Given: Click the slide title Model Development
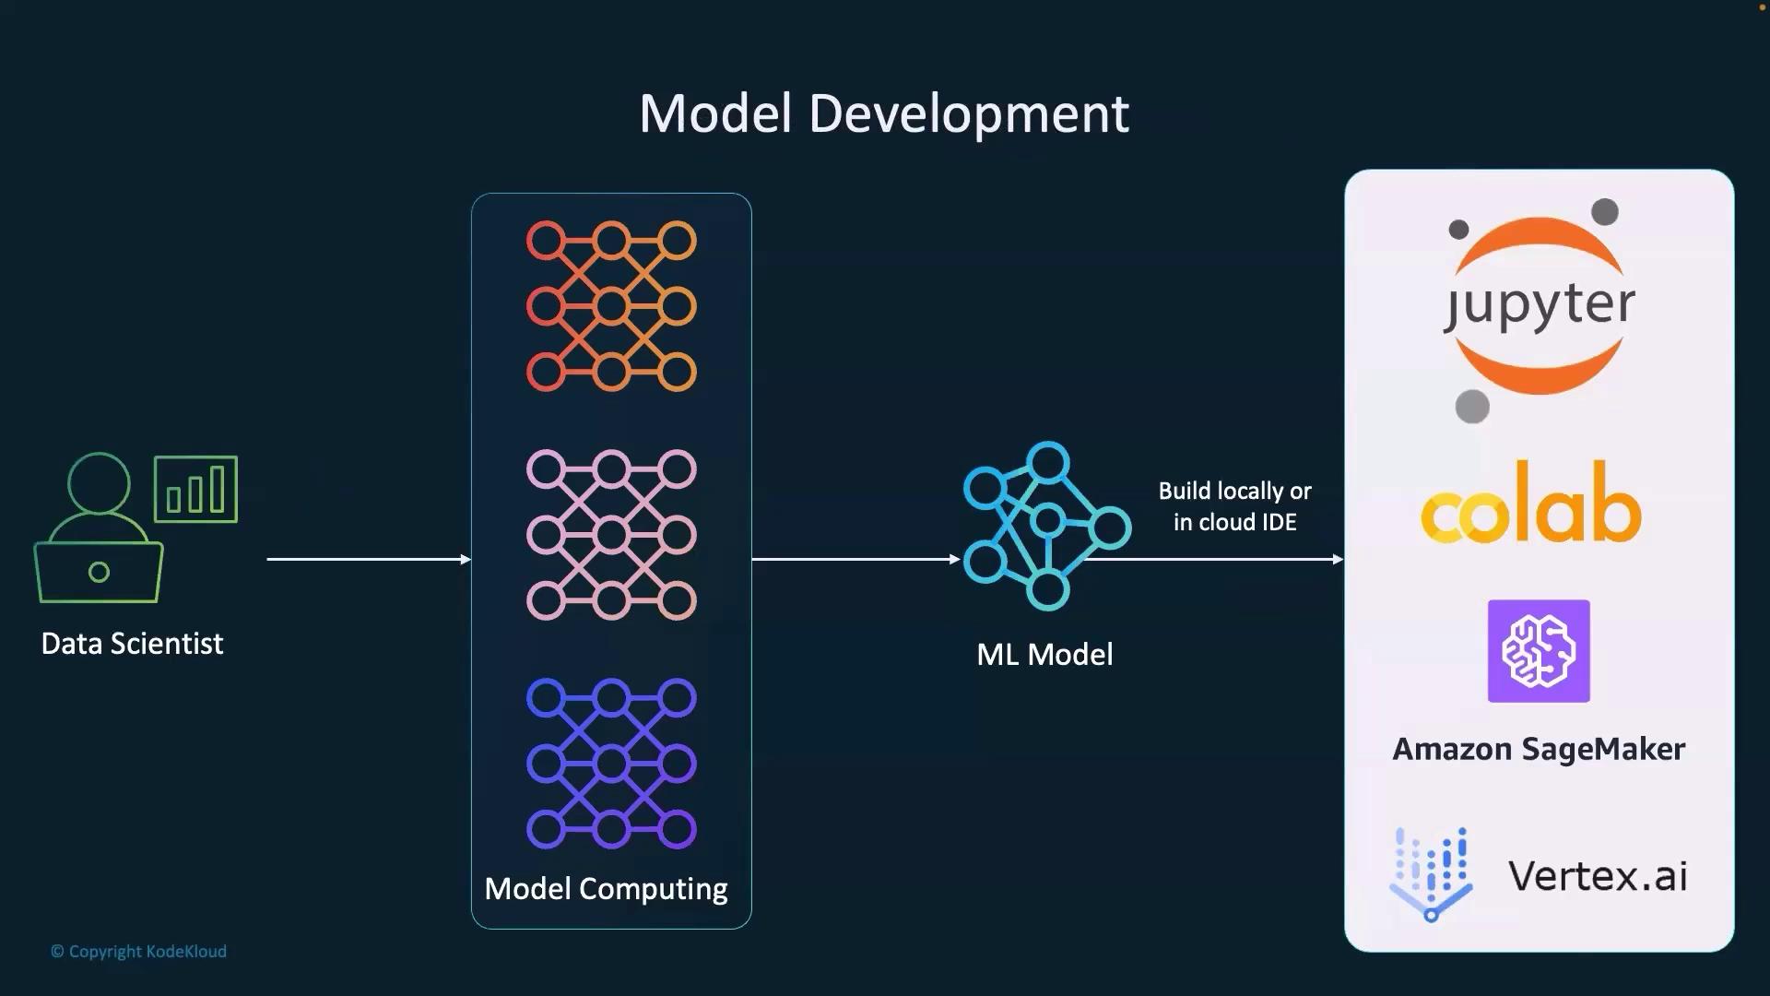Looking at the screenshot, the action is pyautogui.click(x=884, y=113).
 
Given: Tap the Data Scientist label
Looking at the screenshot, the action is pyautogui.click(x=132, y=643).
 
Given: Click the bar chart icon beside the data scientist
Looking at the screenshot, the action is pyautogui.click(x=195, y=489).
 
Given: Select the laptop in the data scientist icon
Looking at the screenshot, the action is pyautogui.click(x=99, y=572).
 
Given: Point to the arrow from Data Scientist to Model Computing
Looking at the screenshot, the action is pyautogui.click(x=369, y=559).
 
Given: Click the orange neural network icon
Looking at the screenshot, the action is pyautogui.click(x=611, y=306).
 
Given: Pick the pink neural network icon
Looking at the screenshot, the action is pyautogui.click(x=611, y=535).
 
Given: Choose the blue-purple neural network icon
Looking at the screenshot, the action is pyautogui.click(x=611, y=764).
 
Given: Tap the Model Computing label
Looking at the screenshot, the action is pyautogui.click(x=606, y=888).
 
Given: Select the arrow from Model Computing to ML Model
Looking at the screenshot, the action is pyautogui.click(x=856, y=559).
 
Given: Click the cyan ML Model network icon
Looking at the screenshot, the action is pyautogui.click(x=1047, y=526).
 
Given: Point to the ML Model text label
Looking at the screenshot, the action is pyautogui.click(x=1044, y=654).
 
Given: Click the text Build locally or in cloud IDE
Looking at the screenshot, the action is pyautogui.click(x=1234, y=506).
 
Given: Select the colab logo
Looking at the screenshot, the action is pyautogui.click(x=1530, y=503).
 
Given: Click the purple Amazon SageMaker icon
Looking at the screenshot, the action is pyautogui.click(x=1539, y=651).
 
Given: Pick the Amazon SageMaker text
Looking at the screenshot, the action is pyautogui.click(x=1539, y=748).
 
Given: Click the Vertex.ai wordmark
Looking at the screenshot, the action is pyautogui.click(x=1598, y=875).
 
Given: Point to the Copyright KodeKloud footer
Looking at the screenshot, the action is pyautogui.click(x=138, y=951).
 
